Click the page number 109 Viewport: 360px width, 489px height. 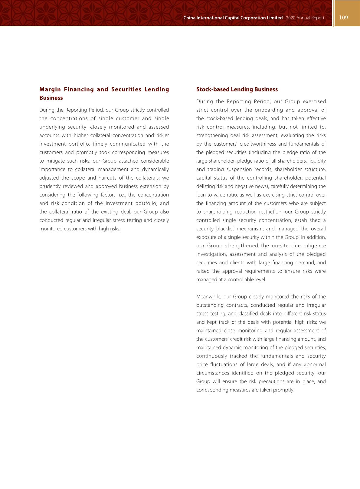(344, 18)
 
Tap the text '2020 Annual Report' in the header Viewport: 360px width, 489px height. (305, 18)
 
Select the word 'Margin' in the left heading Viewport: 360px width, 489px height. (50, 89)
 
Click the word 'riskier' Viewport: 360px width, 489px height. (162, 135)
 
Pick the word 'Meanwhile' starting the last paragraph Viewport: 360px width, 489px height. (208, 296)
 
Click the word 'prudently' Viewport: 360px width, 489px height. (50, 186)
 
